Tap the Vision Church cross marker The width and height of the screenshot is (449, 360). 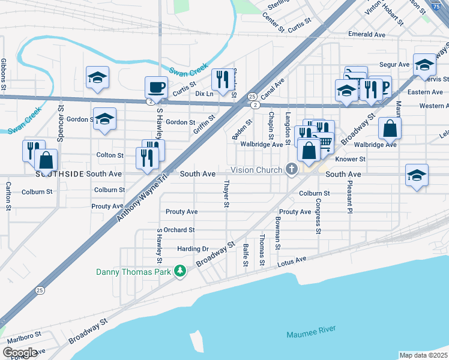292,170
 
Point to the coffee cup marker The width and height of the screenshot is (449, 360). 156,87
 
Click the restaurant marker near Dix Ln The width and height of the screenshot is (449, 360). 223,80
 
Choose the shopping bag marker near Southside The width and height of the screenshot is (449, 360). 46,160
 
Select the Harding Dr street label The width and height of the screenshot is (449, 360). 193,248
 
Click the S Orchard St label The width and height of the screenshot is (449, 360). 178,230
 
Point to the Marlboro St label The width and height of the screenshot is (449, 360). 20,334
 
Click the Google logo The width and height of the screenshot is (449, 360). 20,352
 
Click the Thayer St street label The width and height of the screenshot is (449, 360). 226,194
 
